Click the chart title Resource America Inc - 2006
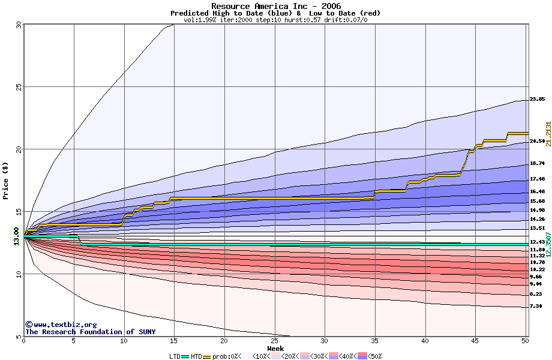pyautogui.click(x=275, y=6)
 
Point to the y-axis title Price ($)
pyautogui.click(x=6, y=180)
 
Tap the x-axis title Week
pyautogui.click(x=275, y=348)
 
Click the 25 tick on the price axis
pyautogui.click(x=17, y=86)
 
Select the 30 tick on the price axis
pyautogui.click(x=17, y=25)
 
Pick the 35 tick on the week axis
pyautogui.click(x=374, y=341)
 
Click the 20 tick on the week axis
pyautogui.click(x=224, y=341)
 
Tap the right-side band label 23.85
pyautogui.click(x=537, y=99)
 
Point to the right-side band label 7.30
pyautogui.click(x=537, y=306)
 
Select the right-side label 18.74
pyautogui.click(x=537, y=163)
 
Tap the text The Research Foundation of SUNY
pyautogui.click(x=90, y=332)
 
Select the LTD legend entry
pyautogui.click(x=175, y=356)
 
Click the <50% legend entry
pyautogui.click(x=373, y=356)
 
